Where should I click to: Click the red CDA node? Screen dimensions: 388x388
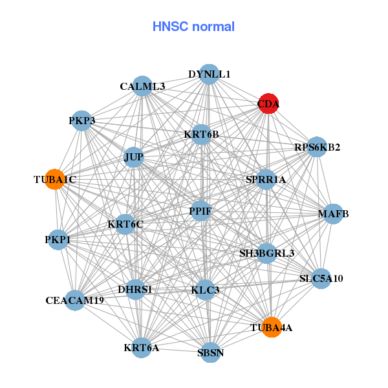pos(268,104)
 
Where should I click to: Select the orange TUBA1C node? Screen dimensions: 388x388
pos(56,180)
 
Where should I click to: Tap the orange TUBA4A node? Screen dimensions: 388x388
pos(272,327)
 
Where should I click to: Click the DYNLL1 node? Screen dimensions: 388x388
pos(208,74)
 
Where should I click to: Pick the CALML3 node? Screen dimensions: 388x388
pos(142,86)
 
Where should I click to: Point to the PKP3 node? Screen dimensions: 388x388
pos(82,121)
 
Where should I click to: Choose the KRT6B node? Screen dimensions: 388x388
pos(201,135)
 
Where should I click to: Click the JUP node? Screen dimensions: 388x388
pos(133,157)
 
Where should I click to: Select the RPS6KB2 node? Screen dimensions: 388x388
pos(316,147)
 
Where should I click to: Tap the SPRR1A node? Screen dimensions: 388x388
pos(266,179)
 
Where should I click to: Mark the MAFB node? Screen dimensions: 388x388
pos(332,214)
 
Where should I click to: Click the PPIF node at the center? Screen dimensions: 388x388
pos(200,211)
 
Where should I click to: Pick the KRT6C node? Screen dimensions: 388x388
pos(125,224)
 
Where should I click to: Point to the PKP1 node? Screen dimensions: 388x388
pos(58,240)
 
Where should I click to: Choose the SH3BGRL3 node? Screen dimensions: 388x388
pos(266,253)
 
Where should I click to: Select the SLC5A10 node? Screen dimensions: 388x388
pos(321,279)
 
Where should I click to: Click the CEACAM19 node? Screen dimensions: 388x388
pos(75,300)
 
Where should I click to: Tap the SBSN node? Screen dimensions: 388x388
pos(210,352)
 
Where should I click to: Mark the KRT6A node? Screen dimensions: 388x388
pos(142,348)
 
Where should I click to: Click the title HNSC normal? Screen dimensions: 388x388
pos(193,27)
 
